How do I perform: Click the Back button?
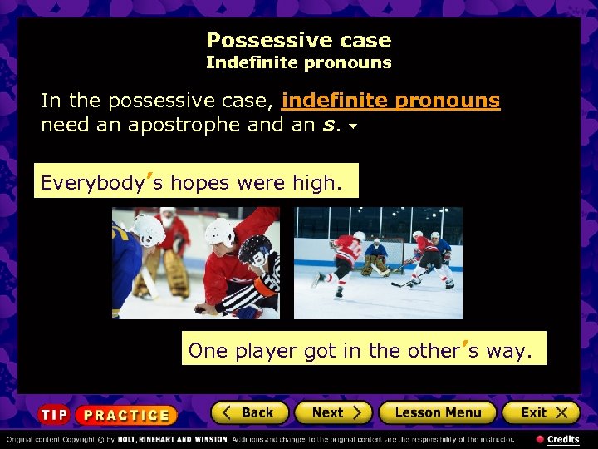coord(249,412)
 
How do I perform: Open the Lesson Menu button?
coord(437,412)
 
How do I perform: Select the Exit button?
coord(539,412)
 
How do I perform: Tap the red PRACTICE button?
coord(126,415)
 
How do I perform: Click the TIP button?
coord(54,415)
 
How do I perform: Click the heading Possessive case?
coord(298,40)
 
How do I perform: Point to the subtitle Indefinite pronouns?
coord(298,62)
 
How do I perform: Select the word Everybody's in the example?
coord(96,182)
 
